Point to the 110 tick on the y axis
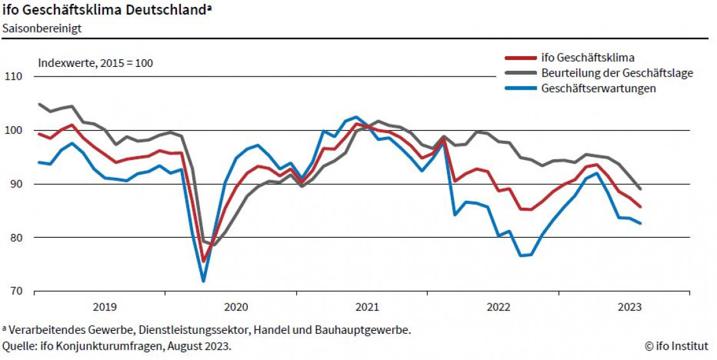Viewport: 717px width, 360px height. tap(14, 76)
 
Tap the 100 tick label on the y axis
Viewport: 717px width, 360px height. tap(14, 131)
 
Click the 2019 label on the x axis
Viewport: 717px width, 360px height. tap(104, 307)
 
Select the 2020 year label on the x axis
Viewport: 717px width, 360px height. tap(236, 307)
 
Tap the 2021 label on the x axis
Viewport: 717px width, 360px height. tap(367, 307)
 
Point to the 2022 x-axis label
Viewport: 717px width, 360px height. tap(498, 307)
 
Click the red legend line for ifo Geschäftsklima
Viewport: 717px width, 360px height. tap(520, 58)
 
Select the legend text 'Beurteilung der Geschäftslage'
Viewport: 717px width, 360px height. tap(617, 73)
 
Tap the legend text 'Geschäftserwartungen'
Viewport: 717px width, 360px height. tap(599, 89)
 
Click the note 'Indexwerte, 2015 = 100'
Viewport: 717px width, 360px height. tap(96, 63)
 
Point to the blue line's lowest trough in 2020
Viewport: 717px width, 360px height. tap(203, 280)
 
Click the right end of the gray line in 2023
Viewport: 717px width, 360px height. tap(640, 189)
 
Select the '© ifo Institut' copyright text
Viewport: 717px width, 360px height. tap(676, 346)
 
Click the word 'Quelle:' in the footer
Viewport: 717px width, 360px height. tap(18, 346)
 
